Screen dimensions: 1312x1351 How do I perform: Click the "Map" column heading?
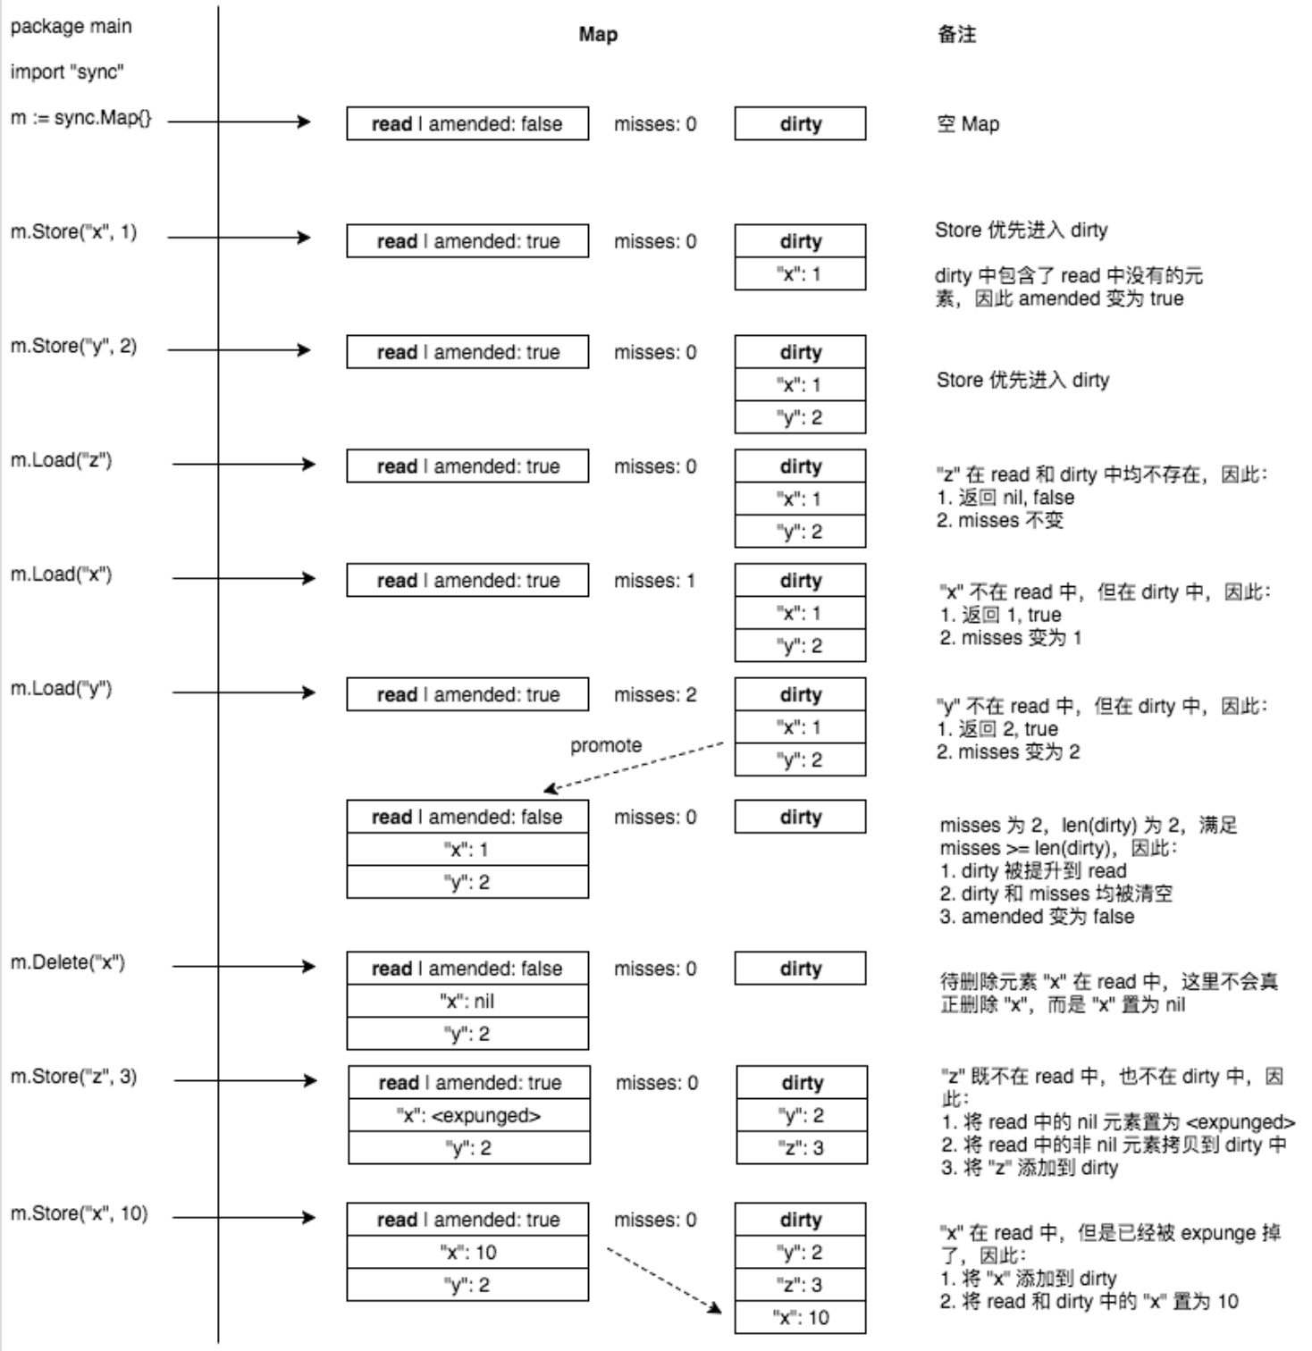(x=598, y=35)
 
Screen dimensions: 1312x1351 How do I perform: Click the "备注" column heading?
(x=956, y=35)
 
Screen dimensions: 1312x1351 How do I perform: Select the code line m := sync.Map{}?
(x=81, y=118)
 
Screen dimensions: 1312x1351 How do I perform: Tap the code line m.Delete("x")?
(x=68, y=962)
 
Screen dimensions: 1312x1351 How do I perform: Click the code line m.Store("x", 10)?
(x=79, y=1213)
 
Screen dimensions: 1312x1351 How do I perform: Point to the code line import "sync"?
(x=67, y=71)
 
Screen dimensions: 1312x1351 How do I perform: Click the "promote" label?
(x=606, y=745)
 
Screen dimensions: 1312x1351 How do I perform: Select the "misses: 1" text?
(x=654, y=581)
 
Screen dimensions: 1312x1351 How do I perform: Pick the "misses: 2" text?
(x=655, y=695)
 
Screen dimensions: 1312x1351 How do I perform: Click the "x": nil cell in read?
(x=467, y=1002)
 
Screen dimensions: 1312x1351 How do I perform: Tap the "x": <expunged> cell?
(x=469, y=1116)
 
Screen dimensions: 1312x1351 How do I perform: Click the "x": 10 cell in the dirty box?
(x=801, y=1318)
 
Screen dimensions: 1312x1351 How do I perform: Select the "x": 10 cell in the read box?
(x=467, y=1253)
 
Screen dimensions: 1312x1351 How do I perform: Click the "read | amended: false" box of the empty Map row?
(x=467, y=124)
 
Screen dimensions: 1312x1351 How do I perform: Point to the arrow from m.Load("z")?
(x=244, y=464)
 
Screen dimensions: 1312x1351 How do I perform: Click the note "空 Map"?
(x=968, y=124)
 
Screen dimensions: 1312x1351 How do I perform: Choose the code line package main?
(x=71, y=27)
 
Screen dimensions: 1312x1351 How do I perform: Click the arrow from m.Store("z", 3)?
(x=246, y=1081)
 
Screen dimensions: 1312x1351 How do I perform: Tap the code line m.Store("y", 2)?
(x=73, y=346)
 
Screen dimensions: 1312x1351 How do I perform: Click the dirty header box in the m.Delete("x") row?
(x=801, y=969)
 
